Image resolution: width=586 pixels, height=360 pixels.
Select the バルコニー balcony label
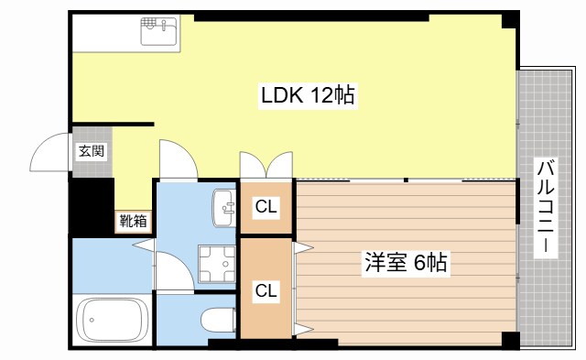coord(545,208)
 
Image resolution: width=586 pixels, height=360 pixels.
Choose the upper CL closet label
coord(266,207)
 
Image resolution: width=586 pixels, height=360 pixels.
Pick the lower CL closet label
coord(266,291)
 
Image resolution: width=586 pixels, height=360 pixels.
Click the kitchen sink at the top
coord(161,33)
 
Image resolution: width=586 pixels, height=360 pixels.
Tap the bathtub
coord(112,321)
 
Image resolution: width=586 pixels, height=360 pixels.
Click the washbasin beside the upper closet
coord(222,207)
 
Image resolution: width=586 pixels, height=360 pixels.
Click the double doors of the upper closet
coord(266,164)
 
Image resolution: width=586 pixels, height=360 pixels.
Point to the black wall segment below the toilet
coord(223,344)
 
